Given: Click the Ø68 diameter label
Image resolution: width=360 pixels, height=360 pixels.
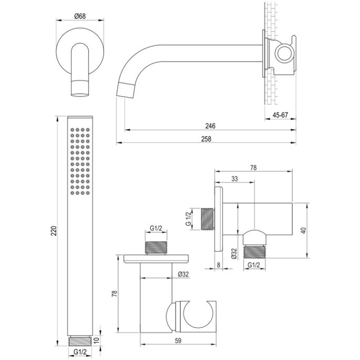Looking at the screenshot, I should click(x=80, y=15).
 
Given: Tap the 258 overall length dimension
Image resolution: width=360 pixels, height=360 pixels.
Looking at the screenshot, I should click(x=206, y=138).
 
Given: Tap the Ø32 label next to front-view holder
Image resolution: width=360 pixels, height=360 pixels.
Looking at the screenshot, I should click(x=183, y=274).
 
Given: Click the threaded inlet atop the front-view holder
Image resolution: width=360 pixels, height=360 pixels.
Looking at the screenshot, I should click(x=157, y=249).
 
